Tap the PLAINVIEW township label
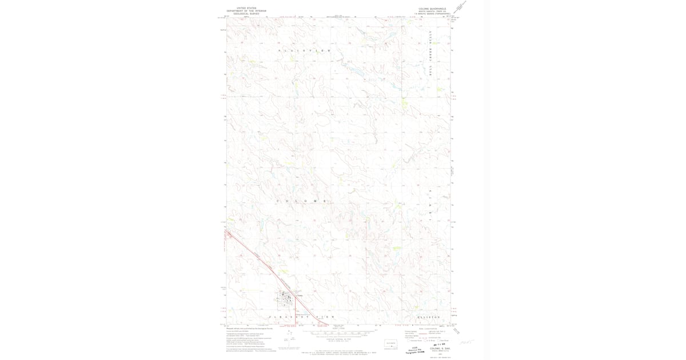pos(304,51)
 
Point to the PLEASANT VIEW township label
pos(301,316)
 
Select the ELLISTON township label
pos(428,316)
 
